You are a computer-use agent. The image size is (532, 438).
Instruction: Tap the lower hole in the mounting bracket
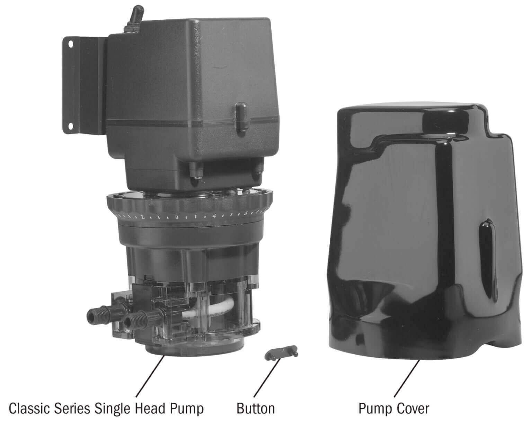click(x=71, y=125)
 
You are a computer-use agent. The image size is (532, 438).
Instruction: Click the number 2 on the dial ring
click(x=142, y=217)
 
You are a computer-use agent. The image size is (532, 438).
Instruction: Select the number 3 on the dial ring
click(x=176, y=217)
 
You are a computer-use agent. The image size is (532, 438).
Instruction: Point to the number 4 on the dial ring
click(x=214, y=216)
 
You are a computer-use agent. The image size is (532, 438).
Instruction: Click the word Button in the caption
click(x=256, y=409)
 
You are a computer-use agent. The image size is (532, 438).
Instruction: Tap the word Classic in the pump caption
click(x=30, y=409)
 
